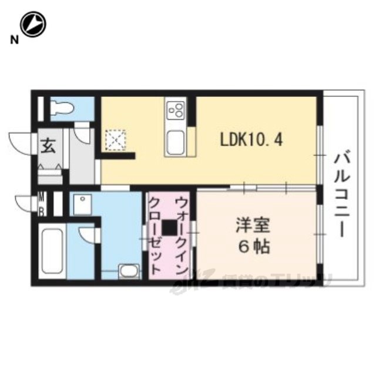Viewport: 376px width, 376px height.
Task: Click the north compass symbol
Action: [x=32, y=25]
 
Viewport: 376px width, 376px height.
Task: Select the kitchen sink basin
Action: [x=176, y=142]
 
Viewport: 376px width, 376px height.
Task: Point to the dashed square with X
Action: [x=113, y=140]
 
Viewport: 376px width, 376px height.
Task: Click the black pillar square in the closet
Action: [x=170, y=226]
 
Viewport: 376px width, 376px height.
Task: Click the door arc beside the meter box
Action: [x=25, y=203]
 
